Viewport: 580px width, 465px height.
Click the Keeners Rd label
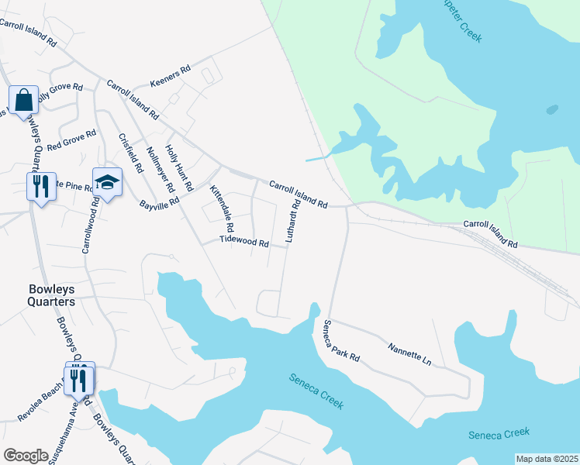pos(171,75)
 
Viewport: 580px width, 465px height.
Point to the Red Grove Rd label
pos(71,140)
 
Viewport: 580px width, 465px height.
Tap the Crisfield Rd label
pos(129,152)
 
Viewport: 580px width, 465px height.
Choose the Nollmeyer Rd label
pos(160,170)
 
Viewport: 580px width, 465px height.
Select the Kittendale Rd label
pos(222,209)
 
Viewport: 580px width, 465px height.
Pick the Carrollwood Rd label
pos(90,227)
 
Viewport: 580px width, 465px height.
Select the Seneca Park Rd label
pos(342,341)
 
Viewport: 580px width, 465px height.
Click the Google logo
pos(26,455)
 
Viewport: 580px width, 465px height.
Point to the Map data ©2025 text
pos(546,459)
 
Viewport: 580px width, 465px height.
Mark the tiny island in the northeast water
pos(551,109)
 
